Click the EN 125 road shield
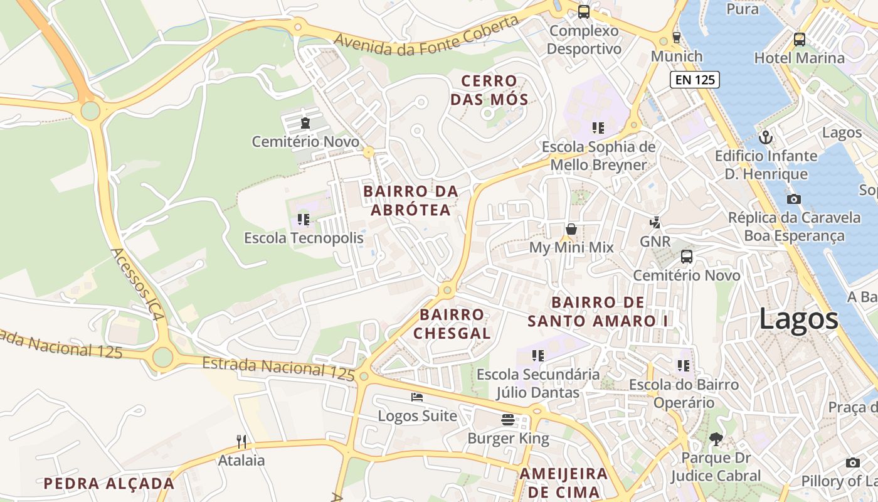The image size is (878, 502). tap(694, 80)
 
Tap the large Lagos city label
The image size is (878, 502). tap(798, 319)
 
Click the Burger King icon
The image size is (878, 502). tap(508, 419)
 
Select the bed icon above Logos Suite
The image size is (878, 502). tap(417, 397)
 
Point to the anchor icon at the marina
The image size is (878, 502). tap(765, 137)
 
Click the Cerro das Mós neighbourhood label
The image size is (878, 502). tap(489, 90)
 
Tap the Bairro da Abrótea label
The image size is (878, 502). tap(411, 200)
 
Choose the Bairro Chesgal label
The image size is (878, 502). tap(452, 323)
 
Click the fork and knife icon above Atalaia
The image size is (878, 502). tap(241, 441)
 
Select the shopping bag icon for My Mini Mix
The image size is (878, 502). tap(571, 229)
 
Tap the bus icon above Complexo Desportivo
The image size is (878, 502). tap(583, 11)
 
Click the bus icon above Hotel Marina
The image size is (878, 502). tap(799, 39)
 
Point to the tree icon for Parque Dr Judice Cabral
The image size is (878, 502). tap(716, 439)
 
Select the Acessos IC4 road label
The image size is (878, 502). tap(137, 284)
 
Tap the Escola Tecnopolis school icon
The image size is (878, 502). tap(304, 220)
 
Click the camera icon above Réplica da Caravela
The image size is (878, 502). tap(793, 199)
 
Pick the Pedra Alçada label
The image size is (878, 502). tap(108, 483)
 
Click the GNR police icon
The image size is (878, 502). tap(655, 222)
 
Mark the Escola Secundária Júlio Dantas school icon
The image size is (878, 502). tap(537, 356)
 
